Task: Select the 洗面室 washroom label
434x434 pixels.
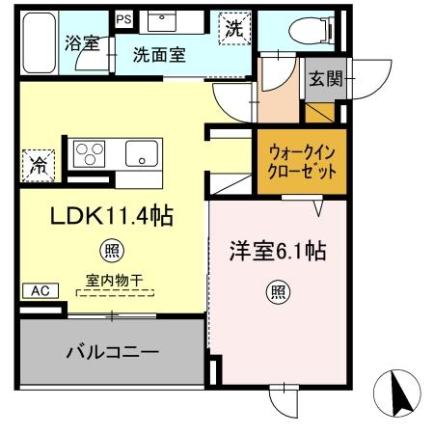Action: coord(161,55)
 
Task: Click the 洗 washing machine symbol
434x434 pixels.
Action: coord(233,29)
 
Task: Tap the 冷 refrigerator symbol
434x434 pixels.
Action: coord(37,163)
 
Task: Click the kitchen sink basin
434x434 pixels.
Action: coord(144,153)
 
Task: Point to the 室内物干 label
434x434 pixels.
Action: coord(114,281)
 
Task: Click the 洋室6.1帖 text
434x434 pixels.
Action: coord(277,254)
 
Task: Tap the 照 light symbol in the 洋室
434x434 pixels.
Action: coord(277,291)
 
